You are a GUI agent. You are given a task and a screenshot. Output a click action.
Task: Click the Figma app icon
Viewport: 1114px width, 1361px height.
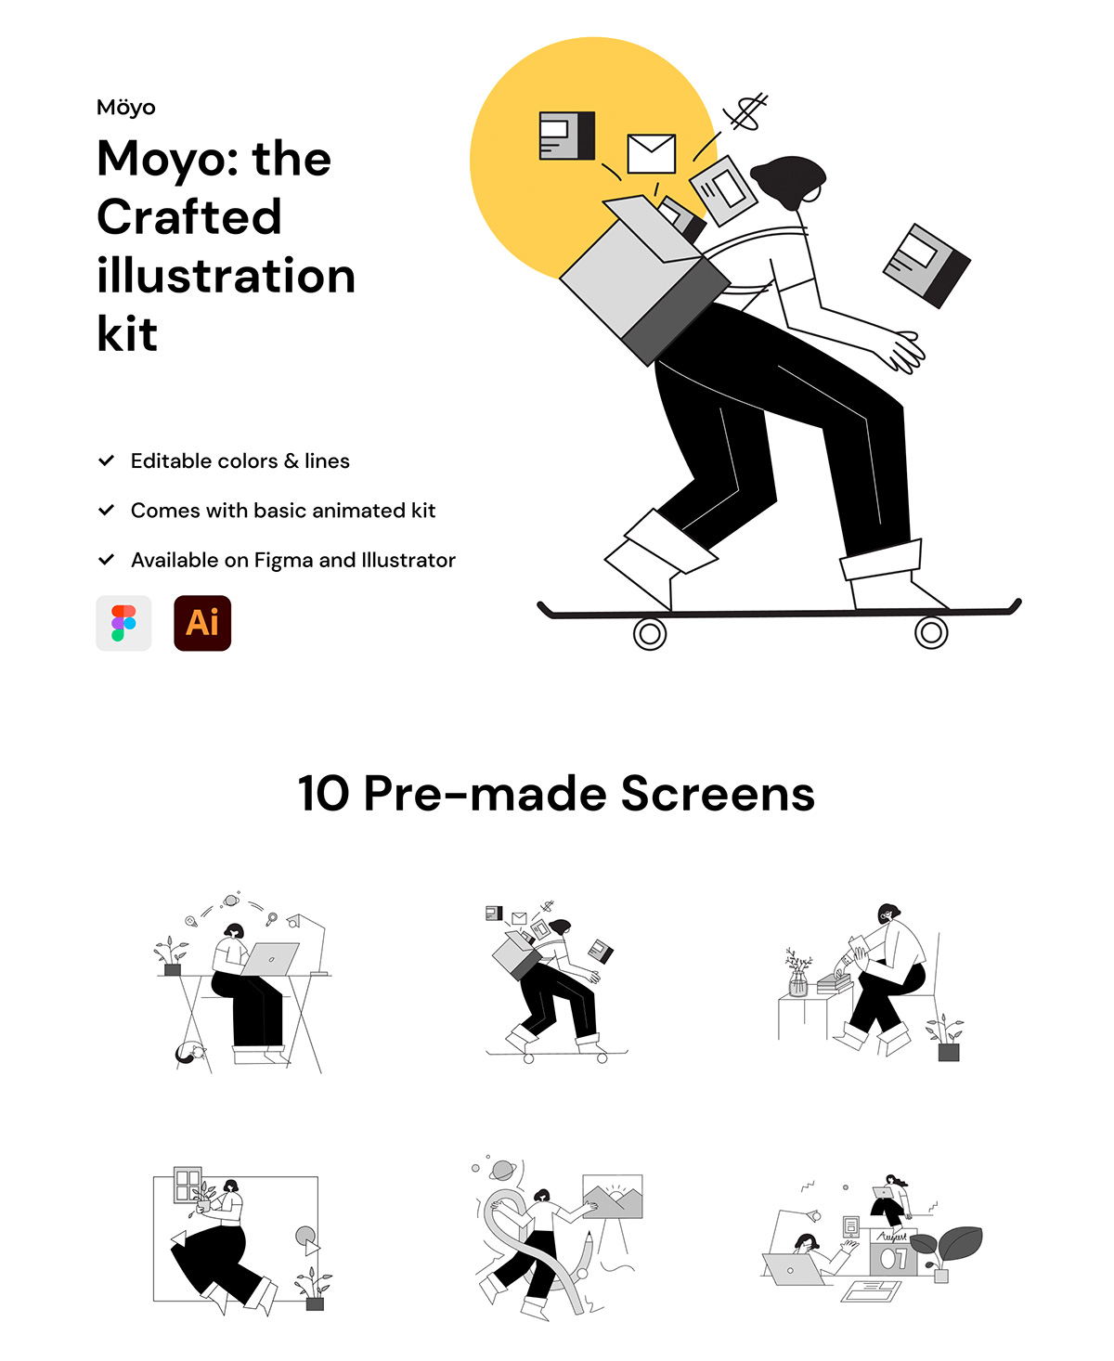123,623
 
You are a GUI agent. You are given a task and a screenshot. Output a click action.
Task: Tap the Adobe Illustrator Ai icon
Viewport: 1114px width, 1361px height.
202,623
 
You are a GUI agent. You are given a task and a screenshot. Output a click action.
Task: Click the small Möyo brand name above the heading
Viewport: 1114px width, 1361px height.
126,107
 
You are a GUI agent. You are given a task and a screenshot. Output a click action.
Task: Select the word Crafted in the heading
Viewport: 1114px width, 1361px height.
189,217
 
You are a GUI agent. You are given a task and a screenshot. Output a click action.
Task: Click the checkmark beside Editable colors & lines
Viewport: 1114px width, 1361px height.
106,460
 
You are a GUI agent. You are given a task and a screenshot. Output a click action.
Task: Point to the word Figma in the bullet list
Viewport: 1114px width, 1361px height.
283,560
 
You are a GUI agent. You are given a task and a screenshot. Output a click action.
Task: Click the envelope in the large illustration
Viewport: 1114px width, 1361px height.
652,153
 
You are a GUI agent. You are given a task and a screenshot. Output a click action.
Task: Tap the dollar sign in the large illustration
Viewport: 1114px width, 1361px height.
745,111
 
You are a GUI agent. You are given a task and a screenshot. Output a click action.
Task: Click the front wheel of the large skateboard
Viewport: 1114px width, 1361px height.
931,632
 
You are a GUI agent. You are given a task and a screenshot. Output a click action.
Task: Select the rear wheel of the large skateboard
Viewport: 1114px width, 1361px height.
649,634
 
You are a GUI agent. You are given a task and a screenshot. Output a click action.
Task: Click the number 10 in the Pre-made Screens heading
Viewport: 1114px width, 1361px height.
323,793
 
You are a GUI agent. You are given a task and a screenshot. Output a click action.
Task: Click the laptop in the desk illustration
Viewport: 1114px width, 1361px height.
271,959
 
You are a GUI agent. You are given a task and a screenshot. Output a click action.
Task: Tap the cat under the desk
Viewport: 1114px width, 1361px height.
190,1053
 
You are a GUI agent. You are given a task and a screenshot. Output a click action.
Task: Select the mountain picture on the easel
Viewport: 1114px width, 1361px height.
612,1196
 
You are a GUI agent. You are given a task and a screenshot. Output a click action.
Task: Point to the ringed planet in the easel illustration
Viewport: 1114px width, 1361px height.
503,1170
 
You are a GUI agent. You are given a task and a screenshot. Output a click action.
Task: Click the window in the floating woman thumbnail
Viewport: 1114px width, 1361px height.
188,1185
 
